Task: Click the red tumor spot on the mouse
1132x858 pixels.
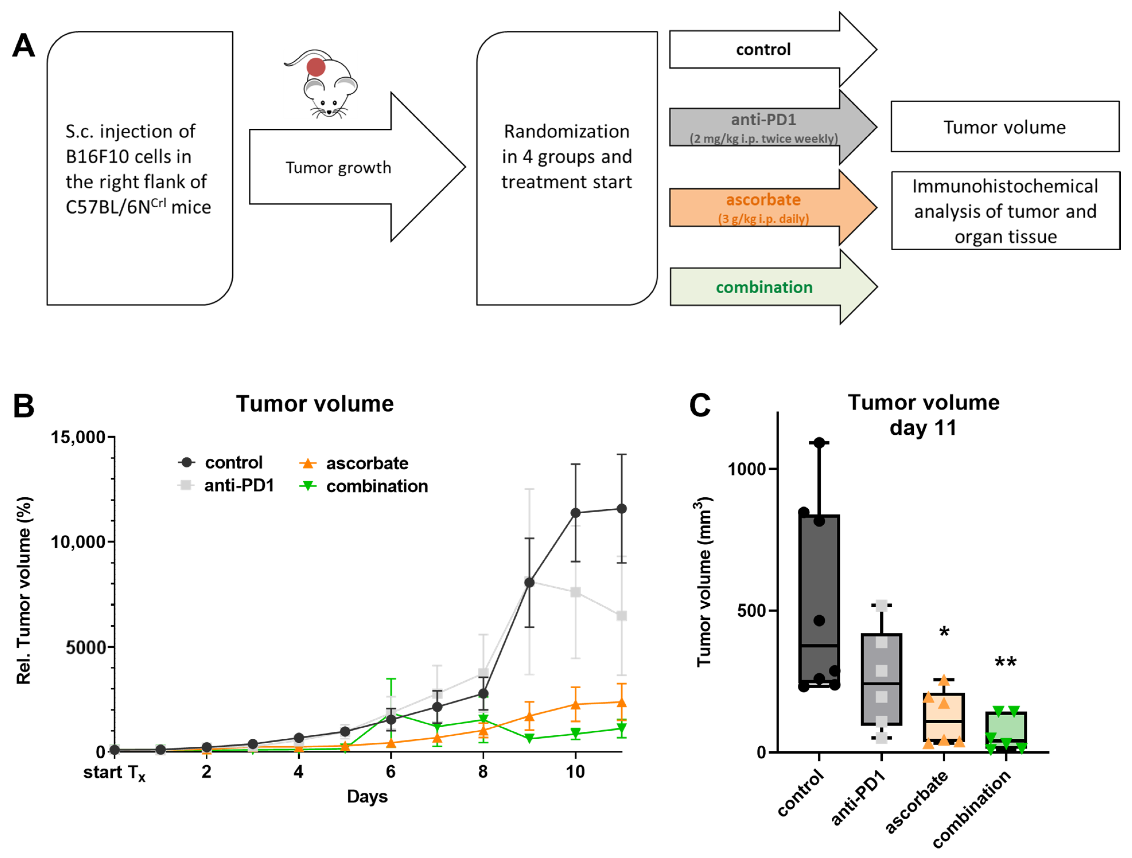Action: click(x=316, y=67)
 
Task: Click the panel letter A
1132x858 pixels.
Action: click(x=24, y=46)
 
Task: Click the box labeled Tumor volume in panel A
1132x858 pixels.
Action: click(x=1005, y=127)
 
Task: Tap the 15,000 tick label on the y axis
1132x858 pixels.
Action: click(x=78, y=437)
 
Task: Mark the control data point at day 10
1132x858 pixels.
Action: click(x=575, y=513)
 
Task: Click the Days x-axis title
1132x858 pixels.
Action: click(x=367, y=797)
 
